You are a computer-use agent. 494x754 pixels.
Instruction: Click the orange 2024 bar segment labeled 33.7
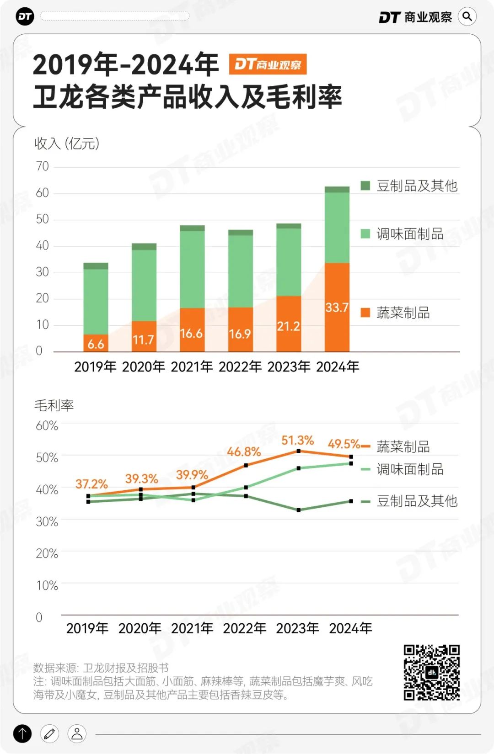click(x=337, y=307)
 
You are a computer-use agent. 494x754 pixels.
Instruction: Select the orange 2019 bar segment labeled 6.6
click(x=96, y=343)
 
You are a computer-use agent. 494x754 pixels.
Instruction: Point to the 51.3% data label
click(x=297, y=441)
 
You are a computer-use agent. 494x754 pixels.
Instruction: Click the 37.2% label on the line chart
click(x=91, y=484)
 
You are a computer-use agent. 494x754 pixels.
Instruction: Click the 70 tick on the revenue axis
click(x=42, y=166)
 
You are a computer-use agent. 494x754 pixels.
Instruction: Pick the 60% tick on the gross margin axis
click(x=47, y=426)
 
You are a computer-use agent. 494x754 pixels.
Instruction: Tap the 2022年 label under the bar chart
click(x=240, y=366)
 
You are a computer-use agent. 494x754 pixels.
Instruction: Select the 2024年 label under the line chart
click(x=350, y=628)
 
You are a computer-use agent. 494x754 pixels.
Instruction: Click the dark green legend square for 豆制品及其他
click(x=365, y=186)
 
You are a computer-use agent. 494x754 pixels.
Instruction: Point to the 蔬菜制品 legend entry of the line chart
click(x=403, y=446)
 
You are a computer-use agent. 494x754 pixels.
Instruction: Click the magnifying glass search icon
click(x=467, y=17)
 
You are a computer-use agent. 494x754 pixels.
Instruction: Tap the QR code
click(x=431, y=672)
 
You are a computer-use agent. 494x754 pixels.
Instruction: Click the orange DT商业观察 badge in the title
click(x=268, y=64)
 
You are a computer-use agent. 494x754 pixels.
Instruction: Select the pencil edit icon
click(x=50, y=734)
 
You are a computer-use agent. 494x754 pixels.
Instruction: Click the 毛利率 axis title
click(x=54, y=405)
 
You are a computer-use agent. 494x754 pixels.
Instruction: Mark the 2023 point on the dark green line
click(x=299, y=510)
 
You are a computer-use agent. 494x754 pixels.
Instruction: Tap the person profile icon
click(x=77, y=734)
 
